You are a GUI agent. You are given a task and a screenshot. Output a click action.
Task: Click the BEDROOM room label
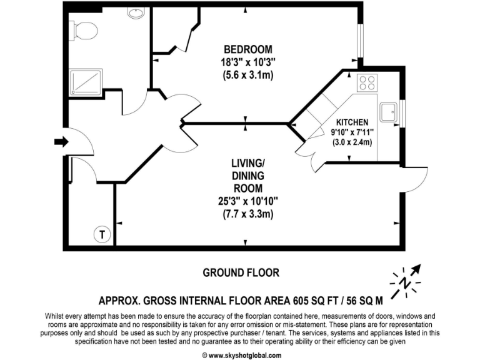(x=248, y=49)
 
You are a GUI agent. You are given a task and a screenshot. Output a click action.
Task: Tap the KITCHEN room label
(x=352, y=122)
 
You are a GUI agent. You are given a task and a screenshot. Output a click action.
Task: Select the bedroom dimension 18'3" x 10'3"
(x=248, y=62)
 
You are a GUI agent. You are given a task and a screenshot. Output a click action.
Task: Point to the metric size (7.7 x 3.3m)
(x=248, y=214)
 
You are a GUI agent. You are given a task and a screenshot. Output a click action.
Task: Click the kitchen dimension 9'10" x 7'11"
(x=352, y=132)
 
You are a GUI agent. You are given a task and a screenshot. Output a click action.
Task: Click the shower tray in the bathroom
(x=85, y=79)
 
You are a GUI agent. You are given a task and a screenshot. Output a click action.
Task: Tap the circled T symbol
(x=100, y=234)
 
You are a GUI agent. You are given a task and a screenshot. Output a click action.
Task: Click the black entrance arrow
(x=61, y=142)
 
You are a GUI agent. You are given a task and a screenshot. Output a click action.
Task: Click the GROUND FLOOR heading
(x=241, y=272)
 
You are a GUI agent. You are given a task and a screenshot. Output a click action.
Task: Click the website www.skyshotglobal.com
(x=240, y=354)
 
